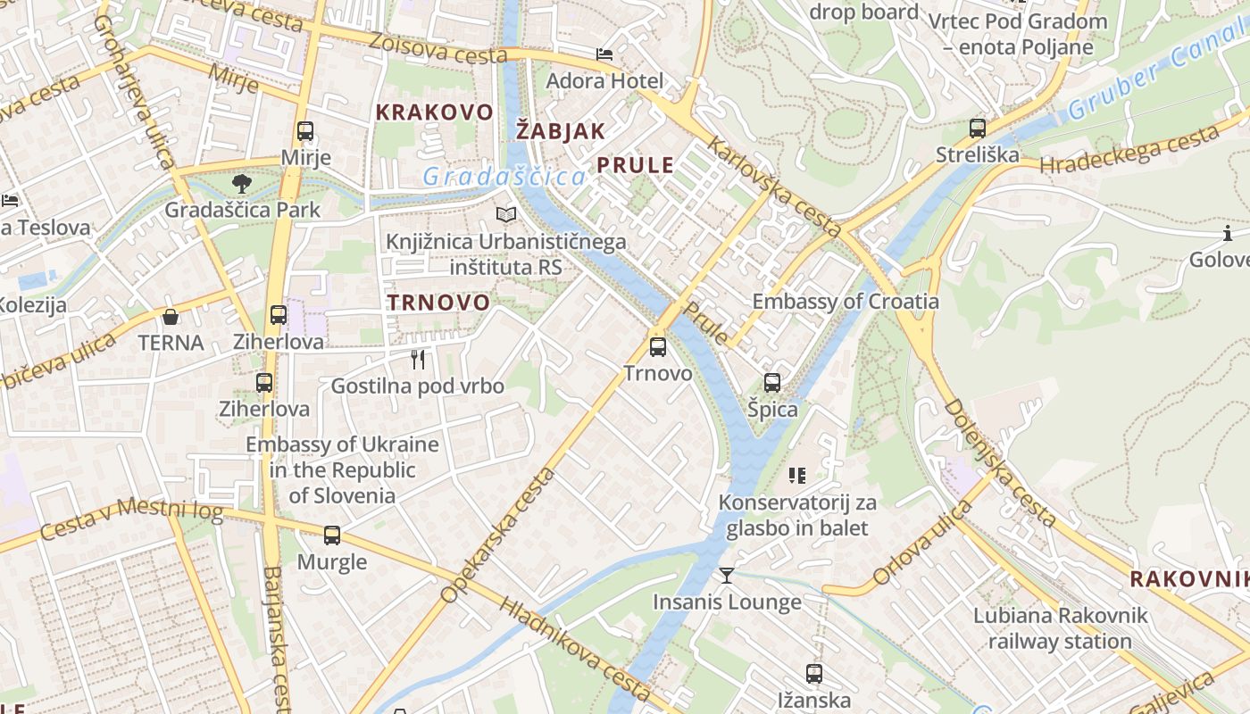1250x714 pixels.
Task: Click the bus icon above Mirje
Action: [x=305, y=131]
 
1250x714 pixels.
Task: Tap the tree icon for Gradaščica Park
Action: [x=241, y=185]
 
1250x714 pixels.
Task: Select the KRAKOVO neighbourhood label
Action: [x=434, y=112]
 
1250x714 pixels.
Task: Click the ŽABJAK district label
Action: [x=561, y=131]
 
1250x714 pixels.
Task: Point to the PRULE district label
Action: [x=635, y=165]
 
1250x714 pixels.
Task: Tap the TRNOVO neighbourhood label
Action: [x=438, y=303]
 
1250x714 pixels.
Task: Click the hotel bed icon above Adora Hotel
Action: [x=604, y=54]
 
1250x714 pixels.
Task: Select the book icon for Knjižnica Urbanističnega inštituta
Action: [x=506, y=215]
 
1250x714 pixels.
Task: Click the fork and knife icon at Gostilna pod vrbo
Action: [x=418, y=360]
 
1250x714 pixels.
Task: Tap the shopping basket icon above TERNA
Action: [x=171, y=317]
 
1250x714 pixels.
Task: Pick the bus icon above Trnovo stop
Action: [x=658, y=347]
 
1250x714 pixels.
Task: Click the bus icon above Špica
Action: [x=772, y=383]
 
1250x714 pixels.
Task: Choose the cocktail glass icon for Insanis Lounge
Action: [x=727, y=576]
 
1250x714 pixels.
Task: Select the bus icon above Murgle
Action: [x=332, y=535]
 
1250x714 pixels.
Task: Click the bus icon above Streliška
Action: [x=978, y=129]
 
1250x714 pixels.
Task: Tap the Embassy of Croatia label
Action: [x=846, y=301]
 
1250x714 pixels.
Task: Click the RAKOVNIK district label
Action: [x=1188, y=579]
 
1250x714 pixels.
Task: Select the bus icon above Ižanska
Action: [x=813, y=674]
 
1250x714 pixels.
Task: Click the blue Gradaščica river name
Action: [x=504, y=177]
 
